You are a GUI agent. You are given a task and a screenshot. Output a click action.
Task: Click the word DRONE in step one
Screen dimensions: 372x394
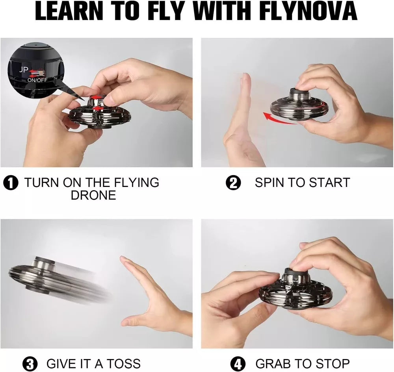[93, 195]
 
